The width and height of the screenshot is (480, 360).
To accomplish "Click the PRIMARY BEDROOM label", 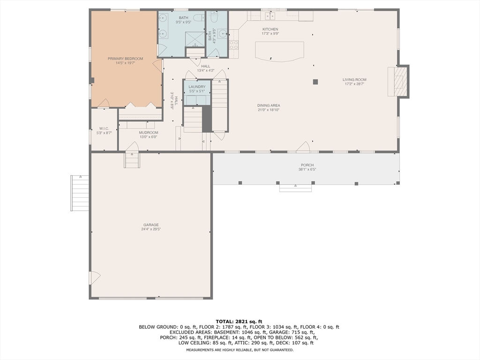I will tap(125, 59).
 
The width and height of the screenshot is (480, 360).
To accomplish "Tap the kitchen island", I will tap(279, 51).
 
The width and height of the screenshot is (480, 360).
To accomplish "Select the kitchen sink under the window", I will tap(270, 16).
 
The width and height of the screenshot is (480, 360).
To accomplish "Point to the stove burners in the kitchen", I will tap(233, 45).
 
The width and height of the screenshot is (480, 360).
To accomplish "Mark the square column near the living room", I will tap(315, 82).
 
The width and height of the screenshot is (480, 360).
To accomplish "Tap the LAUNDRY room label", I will tap(197, 87).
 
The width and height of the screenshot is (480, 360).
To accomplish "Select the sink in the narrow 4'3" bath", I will tap(222, 33).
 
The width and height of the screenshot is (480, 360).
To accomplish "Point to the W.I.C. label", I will tap(104, 128).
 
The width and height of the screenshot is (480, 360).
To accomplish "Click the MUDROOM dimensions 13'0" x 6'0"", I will tap(148, 137).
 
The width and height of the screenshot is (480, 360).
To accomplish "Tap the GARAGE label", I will tap(150, 225).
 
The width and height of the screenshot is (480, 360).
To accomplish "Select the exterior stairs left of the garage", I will tap(80, 193).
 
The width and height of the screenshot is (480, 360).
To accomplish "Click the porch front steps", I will tap(295, 187).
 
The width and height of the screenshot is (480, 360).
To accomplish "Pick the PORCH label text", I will tap(307, 165).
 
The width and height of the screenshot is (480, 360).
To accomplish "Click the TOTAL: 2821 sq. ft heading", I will tap(240, 321).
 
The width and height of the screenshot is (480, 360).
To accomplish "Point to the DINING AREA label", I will tap(268, 105).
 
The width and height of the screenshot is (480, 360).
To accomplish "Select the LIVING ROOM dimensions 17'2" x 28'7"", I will tap(354, 84).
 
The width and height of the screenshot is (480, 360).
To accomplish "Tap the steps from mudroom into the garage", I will tap(132, 160).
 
